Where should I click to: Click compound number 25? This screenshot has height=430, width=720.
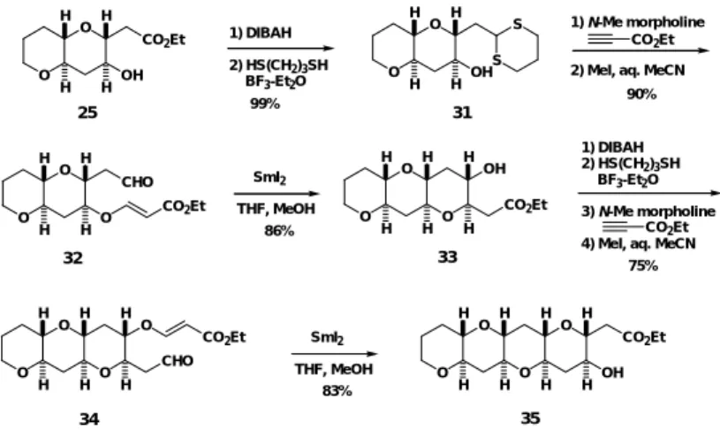click(x=87, y=112)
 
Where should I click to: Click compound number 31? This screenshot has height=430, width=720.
click(x=462, y=112)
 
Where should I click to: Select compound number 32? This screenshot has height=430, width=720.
click(x=73, y=258)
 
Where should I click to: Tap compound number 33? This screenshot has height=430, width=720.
click(x=447, y=257)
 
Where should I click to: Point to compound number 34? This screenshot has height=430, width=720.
click(x=89, y=419)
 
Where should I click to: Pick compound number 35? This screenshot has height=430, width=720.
click(x=530, y=418)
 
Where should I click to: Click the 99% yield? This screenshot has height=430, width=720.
click(x=265, y=104)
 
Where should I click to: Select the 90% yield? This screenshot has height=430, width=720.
click(x=641, y=94)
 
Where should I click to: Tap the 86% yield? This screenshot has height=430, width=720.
click(x=279, y=230)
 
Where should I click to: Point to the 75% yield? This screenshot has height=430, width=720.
click(x=643, y=265)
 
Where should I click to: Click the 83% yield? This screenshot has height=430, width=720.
click(x=337, y=391)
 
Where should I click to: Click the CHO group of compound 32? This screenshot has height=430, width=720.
click(x=137, y=182)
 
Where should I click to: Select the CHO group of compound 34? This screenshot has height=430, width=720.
click(x=177, y=361)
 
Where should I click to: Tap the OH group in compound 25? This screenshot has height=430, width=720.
click(x=133, y=75)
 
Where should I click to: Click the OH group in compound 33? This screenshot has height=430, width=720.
click(x=495, y=169)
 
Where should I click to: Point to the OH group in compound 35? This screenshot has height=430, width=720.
click(x=612, y=372)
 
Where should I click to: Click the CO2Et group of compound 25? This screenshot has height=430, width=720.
click(x=164, y=41)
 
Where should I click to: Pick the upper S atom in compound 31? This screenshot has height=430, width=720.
click(x=517, y=25)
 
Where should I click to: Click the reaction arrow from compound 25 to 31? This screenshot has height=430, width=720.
click(x=281, y=49)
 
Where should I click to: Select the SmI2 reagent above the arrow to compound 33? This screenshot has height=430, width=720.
click(x=270, y=178)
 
